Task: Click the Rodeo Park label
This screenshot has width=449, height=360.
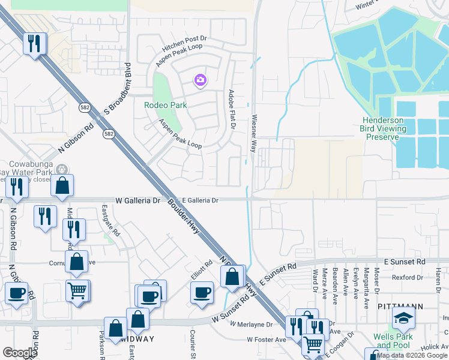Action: pyautogui.click(x=165, y=105)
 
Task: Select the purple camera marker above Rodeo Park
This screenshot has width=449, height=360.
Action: pyautogui.click(x=200, y=79)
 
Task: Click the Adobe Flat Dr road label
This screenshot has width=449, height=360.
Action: pyautogui.click(x=231, y=109)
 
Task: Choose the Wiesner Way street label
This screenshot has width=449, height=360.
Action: pyautogui.click(x=255, y=133)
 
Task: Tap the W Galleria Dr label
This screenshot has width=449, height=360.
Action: pyautogui.click(x=138, y=200)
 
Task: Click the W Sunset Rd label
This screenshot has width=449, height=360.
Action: pyautogui.click(x=230, y=311)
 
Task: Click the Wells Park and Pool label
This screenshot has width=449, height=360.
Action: pyautogui.click(x=394, y=341)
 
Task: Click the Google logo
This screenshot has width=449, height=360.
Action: pyautogui.click(x=20, y=353)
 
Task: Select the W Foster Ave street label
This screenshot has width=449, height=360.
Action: pyautogui.click(x=267, y=340)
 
